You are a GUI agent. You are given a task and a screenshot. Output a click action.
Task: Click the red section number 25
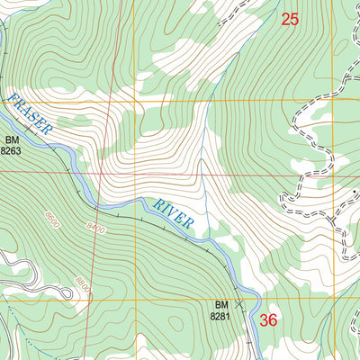coord(289,18)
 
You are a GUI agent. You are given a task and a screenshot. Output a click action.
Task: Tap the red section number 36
coord(268,319)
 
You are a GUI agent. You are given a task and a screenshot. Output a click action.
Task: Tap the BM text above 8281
coord(221,305)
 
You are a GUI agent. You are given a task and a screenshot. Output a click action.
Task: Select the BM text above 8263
coord(12,141)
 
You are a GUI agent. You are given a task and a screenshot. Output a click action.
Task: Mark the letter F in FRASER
coord(13,101)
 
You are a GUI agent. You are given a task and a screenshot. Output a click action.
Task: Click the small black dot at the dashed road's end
coord(283,194)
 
